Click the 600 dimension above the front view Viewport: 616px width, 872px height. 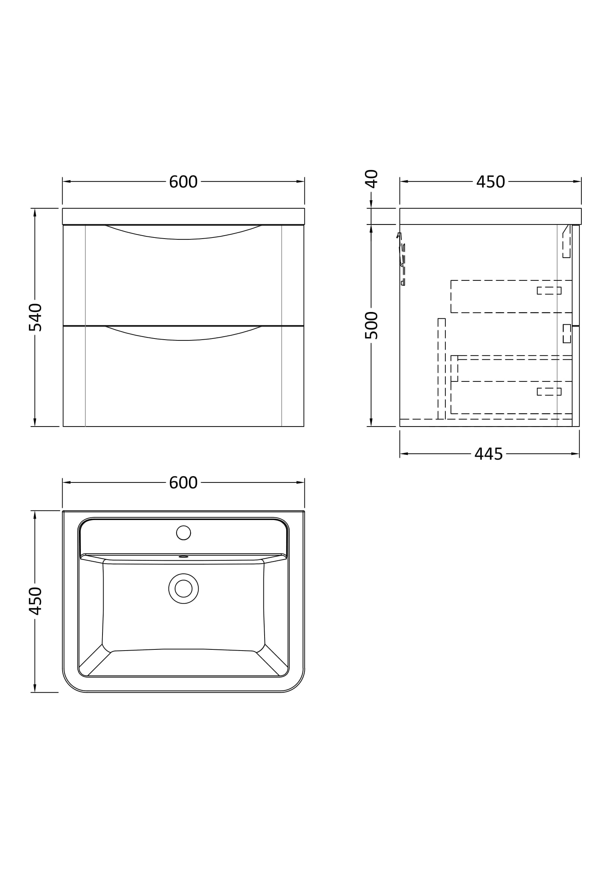183,182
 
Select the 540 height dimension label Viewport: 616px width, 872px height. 35,317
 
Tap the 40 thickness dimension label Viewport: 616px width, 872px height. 372,179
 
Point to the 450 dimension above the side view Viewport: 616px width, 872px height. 490,182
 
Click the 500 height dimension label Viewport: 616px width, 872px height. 372,325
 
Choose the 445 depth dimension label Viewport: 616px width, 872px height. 489,454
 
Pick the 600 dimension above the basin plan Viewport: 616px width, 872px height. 183,483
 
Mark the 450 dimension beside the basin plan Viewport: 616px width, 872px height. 35,601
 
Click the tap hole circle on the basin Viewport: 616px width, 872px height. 183,533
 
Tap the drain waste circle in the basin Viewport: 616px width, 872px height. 183,589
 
